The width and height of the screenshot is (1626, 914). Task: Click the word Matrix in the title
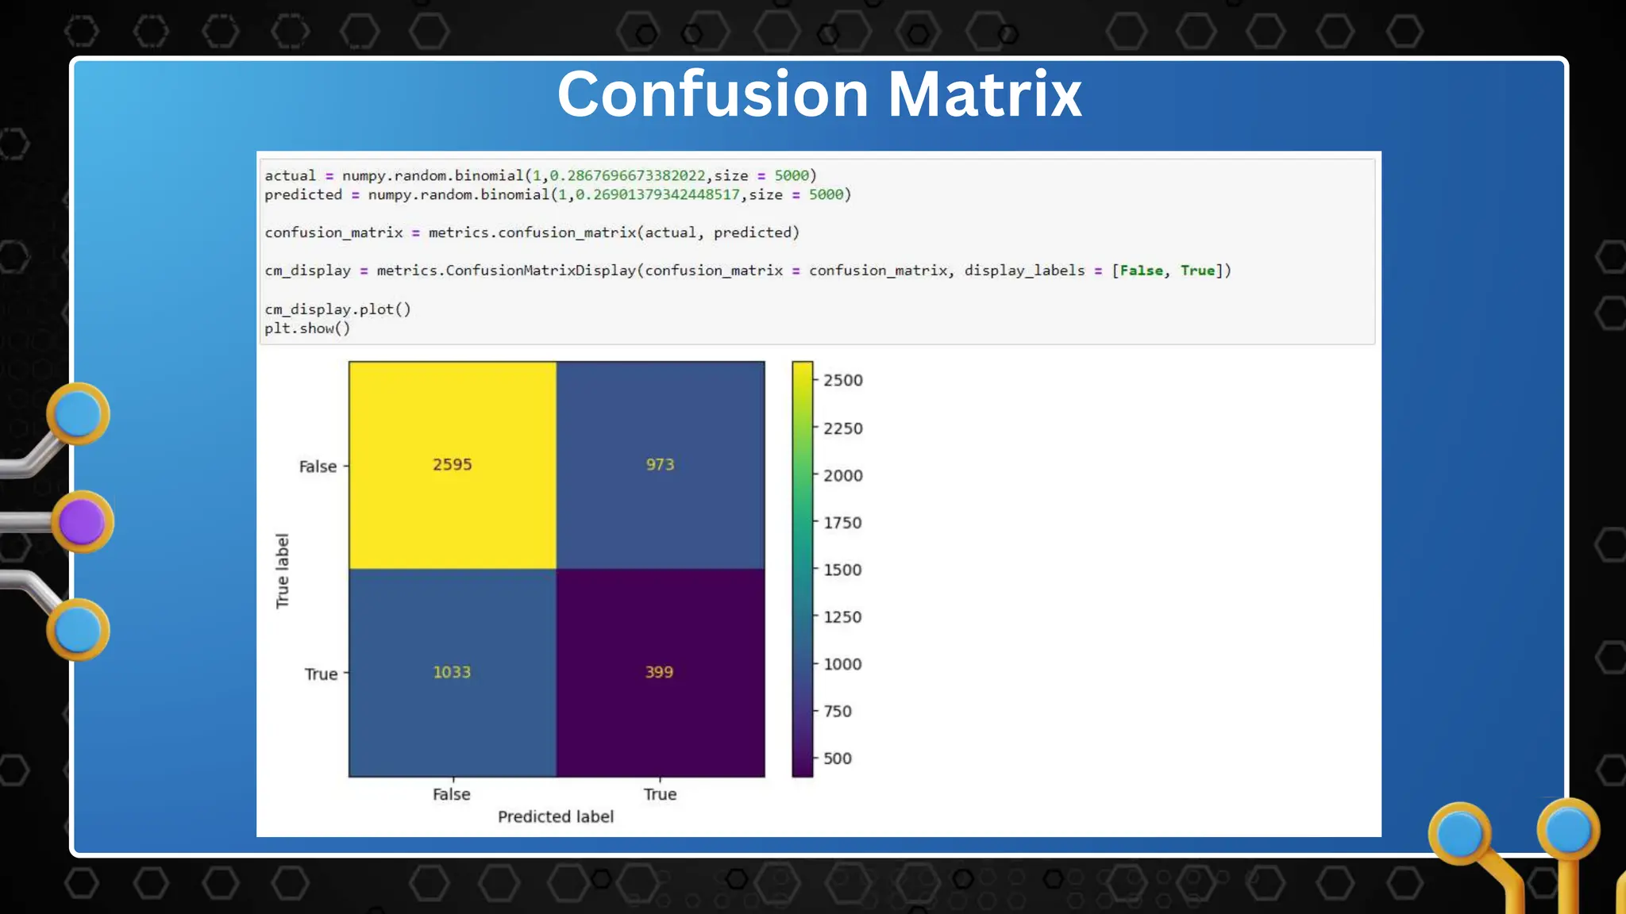(x=984, y=94)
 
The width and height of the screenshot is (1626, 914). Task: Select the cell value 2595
(x=452, y=465)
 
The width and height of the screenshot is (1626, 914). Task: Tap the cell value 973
(x=660, y=465)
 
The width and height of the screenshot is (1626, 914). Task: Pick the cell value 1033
(x=452, y=672)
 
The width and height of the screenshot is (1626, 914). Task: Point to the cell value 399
(x=659, y=672)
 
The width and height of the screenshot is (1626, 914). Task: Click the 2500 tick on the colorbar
(x=842, y=381)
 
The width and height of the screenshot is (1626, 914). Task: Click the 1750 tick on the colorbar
(x=842, y=523)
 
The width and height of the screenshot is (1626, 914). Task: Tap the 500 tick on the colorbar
(x=837, y=758)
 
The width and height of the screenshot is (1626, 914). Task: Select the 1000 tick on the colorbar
(x=842, y=664)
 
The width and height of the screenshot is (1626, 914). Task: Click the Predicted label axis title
(x=556, y=816)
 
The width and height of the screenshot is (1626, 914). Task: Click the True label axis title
(x=283, y=571)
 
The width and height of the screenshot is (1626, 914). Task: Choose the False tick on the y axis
(x=318, y=467)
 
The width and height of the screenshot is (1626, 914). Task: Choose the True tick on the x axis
(x=660, y=794)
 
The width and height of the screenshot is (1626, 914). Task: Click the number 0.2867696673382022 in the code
(x=627, y=175)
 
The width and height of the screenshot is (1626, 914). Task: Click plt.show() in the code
(x=307, y=328)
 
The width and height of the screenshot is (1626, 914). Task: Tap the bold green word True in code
(x=1197, y=271)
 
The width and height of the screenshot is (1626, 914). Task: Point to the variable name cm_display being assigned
(x=307, y=271)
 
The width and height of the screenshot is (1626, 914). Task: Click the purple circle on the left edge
(x=82, y=522)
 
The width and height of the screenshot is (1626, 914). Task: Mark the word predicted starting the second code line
(x=303, y=194)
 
